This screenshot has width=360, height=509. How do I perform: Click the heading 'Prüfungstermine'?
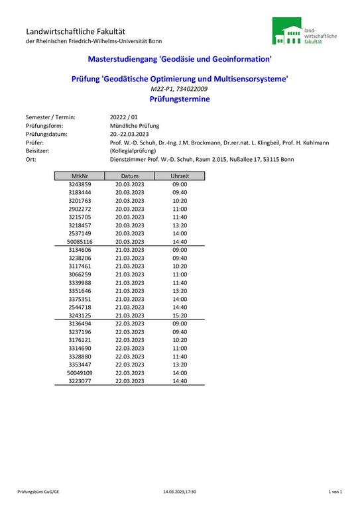(180, 99)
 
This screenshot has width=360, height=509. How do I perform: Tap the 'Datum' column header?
(129, 176)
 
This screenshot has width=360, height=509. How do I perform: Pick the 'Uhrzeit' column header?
(180, 176)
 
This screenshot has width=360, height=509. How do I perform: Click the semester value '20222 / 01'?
(123, 117)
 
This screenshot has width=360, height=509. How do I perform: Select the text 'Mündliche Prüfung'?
(134, 125)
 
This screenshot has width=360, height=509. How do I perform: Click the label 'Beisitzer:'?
(39, 150)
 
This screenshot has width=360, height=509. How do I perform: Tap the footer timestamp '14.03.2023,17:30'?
(180, 492)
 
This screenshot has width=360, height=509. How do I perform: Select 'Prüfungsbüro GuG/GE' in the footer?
(38, 492)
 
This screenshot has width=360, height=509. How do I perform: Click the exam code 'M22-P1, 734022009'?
(180, 89)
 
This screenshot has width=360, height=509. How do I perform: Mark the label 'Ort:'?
(31, 159)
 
